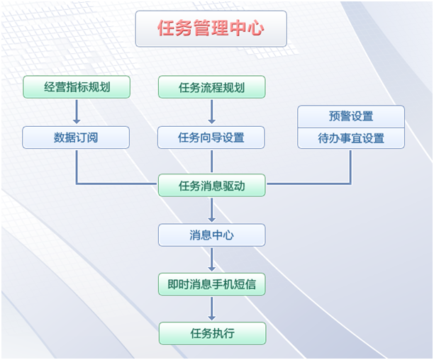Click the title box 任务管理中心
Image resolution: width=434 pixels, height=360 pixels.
(x=211, y=29)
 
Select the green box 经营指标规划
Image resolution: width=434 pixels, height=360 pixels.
(x=77, y=87)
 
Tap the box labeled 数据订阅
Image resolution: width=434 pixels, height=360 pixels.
(x=76, y=137)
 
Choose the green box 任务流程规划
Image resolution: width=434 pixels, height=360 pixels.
(x=211, y=87)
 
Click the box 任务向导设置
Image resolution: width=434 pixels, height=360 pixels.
(x=211, y=137)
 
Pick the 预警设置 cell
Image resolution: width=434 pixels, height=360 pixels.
(x=351, y=116)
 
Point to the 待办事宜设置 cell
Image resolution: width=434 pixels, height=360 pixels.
(x=351, y=138)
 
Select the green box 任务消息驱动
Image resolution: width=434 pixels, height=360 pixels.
(x=211, y=186)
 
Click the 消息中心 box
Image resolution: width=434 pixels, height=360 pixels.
(x=211, y=235)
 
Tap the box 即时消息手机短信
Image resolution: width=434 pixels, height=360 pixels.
(x=211, y=285)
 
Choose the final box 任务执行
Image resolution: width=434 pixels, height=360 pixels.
(x=211, y=334)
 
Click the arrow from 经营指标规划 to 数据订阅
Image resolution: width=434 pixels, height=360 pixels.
(x=77, y=112)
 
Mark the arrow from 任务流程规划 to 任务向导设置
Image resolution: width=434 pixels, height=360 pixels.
(x=211, y=112)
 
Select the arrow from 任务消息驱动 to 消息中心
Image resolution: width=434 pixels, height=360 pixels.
(x=211, y=210)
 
